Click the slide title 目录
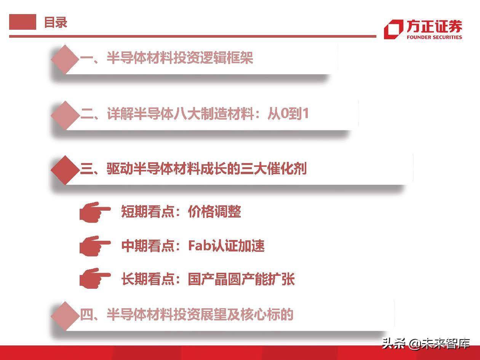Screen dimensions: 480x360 [56, 22]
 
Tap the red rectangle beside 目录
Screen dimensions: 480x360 [22, 22]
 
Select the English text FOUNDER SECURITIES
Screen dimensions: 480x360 [434, 37]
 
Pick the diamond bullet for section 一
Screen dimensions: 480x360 [65, 59]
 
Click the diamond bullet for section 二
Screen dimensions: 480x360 [65, 115]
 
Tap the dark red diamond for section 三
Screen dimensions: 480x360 [65, 170]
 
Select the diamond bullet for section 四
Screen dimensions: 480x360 [65, 316]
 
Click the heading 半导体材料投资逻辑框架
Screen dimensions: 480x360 [180, 58]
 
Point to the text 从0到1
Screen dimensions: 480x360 [288, 114]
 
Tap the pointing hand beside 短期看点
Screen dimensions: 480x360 [94, 212]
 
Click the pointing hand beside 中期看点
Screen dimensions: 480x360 [94, 246]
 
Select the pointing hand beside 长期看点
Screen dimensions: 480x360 [94, 278]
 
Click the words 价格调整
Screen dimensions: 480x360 [214, 211]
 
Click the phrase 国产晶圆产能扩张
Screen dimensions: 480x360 [241, 279]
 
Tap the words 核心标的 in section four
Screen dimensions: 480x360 [267, 314]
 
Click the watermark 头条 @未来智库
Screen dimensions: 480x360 [426, 343]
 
